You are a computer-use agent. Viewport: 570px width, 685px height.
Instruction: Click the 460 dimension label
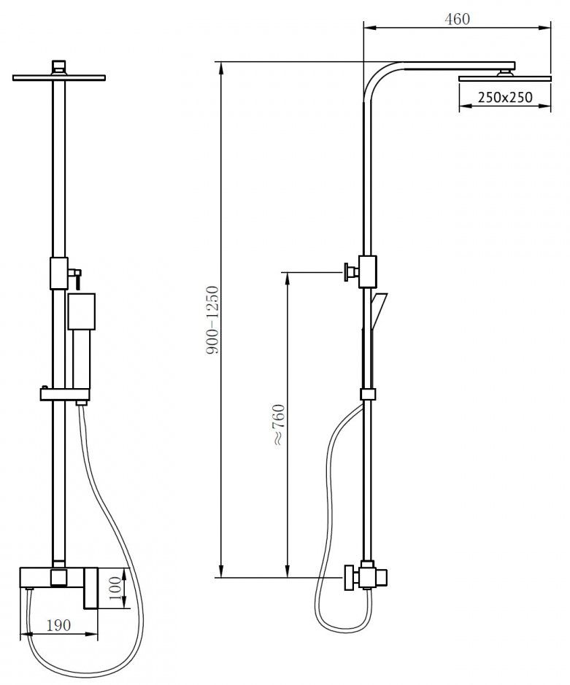click(x=457, y=19)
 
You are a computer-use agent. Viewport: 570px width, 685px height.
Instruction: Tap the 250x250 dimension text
click(x=505, y=97)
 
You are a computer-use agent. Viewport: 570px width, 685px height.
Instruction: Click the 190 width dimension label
click(x=58, y=625)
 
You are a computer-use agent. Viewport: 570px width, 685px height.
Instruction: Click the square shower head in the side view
click(x=505, y=79)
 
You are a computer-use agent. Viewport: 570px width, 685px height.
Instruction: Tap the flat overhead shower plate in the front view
click(x=59, y=78)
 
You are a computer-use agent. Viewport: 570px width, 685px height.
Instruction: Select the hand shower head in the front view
click(x=82, y=311)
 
